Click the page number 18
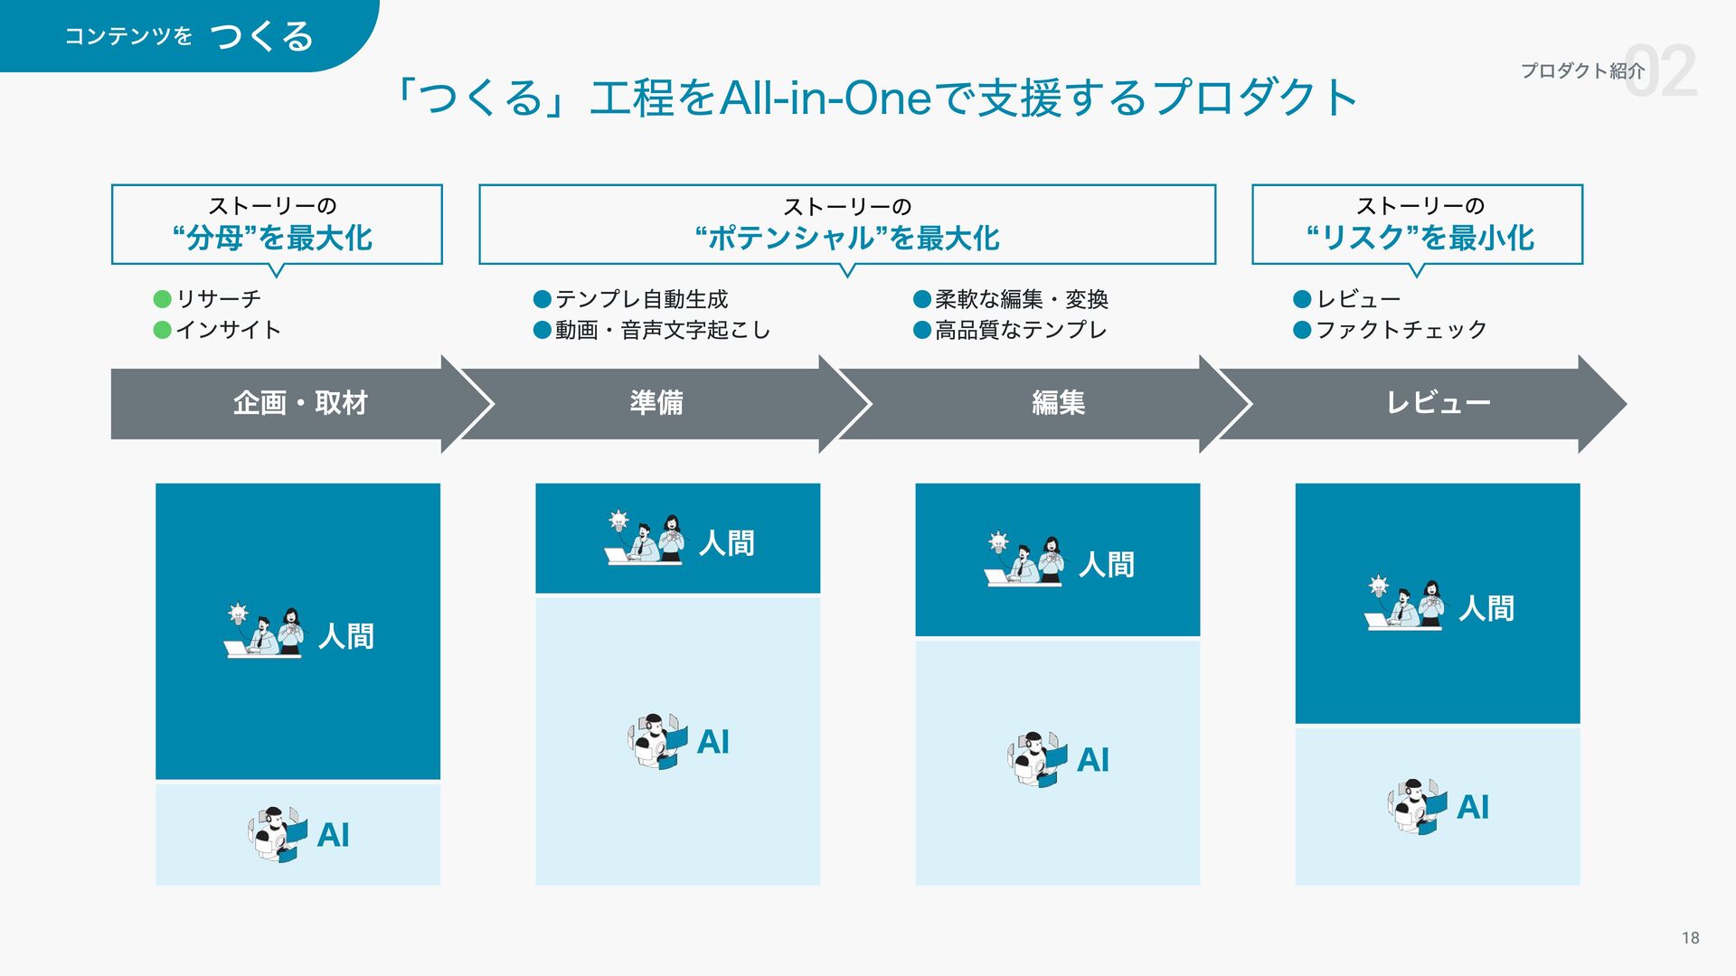[x=1690, y=938]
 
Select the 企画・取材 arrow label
[x=300, y=403]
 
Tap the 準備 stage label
[x=656, y=403]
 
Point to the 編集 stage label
[x=1058, y=403]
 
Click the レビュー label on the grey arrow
[x=1438, y=403]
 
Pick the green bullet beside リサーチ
[x=163, y=299]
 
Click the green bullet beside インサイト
[x=163, y=330]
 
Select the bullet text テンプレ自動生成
[x=641, y=299]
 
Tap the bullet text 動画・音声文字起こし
[x=662, y=330]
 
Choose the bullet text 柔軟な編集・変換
[x=1021, y=299]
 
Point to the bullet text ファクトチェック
[x=1401, y=330]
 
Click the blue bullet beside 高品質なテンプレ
[x=922, y=330]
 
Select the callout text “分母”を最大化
[x=272, y=239]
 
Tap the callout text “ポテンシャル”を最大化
[x=847, y=239]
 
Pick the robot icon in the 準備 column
[x=657, y=742]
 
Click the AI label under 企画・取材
[x=334, y=835]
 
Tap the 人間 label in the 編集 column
[x=1107, y=565]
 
